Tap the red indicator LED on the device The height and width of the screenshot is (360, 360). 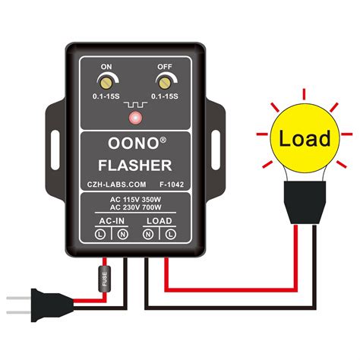pos(134,118)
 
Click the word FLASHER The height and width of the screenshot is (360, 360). pos(134,165)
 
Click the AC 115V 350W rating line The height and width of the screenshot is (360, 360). pos(134,200)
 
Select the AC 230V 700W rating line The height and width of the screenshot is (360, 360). pos(134,210)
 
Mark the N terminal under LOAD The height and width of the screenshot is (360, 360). pos(147,235)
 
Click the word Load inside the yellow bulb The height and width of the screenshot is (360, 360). pos(305,139)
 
